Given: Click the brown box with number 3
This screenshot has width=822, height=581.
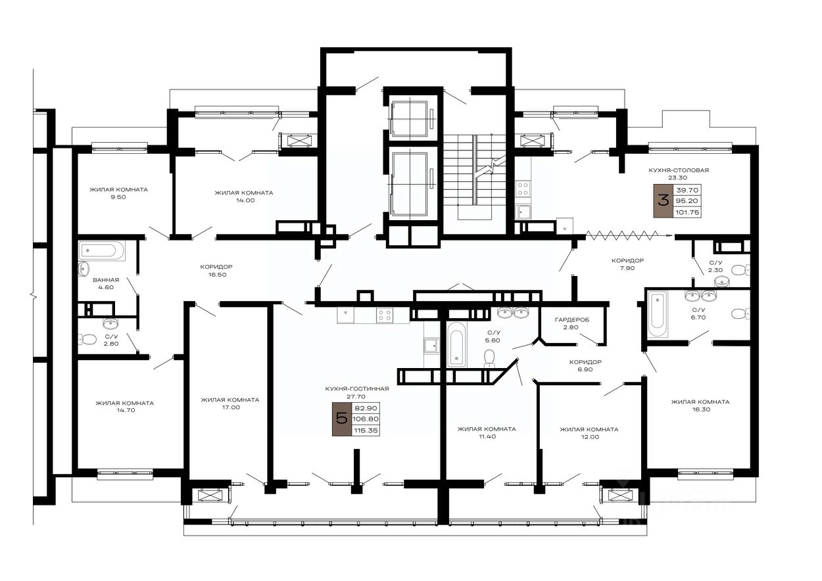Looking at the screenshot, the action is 663,201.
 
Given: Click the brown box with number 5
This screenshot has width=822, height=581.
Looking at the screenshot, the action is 342,419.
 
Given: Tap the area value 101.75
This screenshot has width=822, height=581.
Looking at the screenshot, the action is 687,212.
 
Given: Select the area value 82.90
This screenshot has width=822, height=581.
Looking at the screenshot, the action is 366,408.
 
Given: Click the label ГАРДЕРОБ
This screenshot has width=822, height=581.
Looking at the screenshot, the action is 572,320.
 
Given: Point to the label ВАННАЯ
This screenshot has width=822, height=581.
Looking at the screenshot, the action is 106,280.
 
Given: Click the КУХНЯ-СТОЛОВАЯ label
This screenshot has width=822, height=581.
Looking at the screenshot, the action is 679,170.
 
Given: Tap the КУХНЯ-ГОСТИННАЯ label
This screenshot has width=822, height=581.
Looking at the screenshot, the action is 357,389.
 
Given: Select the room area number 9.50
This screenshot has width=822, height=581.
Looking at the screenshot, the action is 118,197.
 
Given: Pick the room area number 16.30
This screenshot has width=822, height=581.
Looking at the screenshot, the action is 701,409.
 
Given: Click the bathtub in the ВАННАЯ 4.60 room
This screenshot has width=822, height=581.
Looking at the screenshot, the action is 102,250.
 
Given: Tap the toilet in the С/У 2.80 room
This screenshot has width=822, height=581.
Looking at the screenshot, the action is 87,340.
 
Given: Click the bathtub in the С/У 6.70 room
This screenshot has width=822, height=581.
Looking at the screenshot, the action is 658,314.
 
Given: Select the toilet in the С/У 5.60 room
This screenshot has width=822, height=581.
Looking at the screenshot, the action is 489,358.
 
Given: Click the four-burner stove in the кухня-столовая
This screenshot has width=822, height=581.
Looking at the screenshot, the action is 523,189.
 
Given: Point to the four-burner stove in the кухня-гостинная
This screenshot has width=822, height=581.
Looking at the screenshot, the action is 385,315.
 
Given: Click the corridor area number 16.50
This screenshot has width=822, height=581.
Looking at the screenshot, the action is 218,274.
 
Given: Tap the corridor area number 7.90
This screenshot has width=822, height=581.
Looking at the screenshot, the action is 627,268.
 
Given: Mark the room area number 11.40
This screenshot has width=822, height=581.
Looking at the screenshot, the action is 487,436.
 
